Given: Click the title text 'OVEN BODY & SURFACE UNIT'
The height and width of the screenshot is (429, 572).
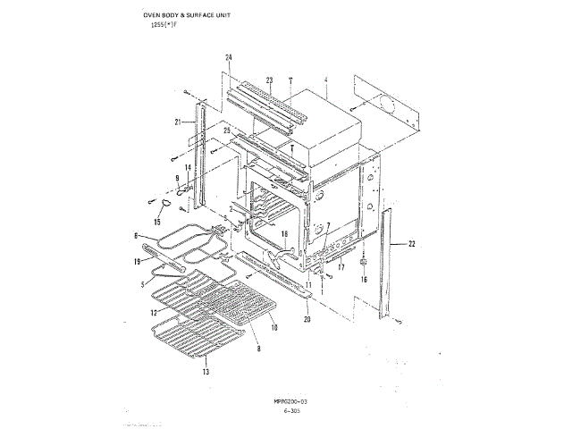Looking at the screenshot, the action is click(x=191, y=16).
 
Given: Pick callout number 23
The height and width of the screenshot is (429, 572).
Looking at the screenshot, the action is click(x=269, y=80).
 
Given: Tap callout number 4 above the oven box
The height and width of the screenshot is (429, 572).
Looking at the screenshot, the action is click(x=328, y=80).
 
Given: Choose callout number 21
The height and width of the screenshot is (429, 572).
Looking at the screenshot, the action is click(x=179, y=122).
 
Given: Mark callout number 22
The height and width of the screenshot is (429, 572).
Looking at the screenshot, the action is click(x=413, y=242).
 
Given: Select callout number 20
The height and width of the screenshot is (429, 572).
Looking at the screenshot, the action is click(x=307, y=319).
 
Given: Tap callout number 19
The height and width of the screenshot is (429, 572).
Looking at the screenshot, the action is click(x=137, y=263).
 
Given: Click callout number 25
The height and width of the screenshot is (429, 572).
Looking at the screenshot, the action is click(x=227, y=130).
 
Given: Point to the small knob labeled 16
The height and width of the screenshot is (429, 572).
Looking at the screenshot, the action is click(x=365, y=265).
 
